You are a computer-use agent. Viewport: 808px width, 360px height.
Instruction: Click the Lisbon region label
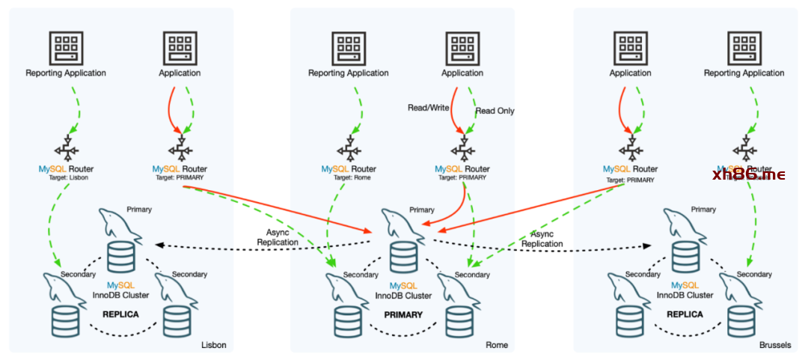coord(213,345)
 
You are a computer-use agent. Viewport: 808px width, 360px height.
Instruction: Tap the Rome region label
coord(496,345)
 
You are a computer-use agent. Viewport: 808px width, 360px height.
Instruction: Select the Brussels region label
coord(774,345)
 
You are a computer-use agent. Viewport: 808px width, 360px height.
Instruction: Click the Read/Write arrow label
coord(428,108)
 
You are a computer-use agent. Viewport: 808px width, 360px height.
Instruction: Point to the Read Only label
coord(495,111)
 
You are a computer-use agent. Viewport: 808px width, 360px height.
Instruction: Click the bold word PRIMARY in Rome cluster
coord(403,315)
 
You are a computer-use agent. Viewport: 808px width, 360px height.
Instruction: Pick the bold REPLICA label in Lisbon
coord(120,314)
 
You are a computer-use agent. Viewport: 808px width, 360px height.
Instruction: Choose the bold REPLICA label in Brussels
coord(685,314)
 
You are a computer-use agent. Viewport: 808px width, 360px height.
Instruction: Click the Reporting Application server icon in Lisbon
coord(66,48)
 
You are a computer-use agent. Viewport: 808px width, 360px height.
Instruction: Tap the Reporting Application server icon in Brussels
coord(744,48)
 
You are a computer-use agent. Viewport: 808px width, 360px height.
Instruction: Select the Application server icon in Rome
coord(462,48)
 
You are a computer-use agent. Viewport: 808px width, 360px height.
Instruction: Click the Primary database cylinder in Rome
coord(403,257)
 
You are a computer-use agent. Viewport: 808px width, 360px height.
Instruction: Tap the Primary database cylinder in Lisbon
coord(120,257)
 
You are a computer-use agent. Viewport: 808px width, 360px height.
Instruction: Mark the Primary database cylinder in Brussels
coord(685,257)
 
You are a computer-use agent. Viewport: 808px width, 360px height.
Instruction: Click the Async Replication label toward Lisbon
coord(277,237)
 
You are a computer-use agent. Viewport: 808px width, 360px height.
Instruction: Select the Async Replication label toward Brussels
coord(542,239)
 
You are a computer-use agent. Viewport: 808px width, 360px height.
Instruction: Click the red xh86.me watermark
coord(748,174)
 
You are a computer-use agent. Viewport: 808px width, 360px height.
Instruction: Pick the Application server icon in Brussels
coord(630,48)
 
